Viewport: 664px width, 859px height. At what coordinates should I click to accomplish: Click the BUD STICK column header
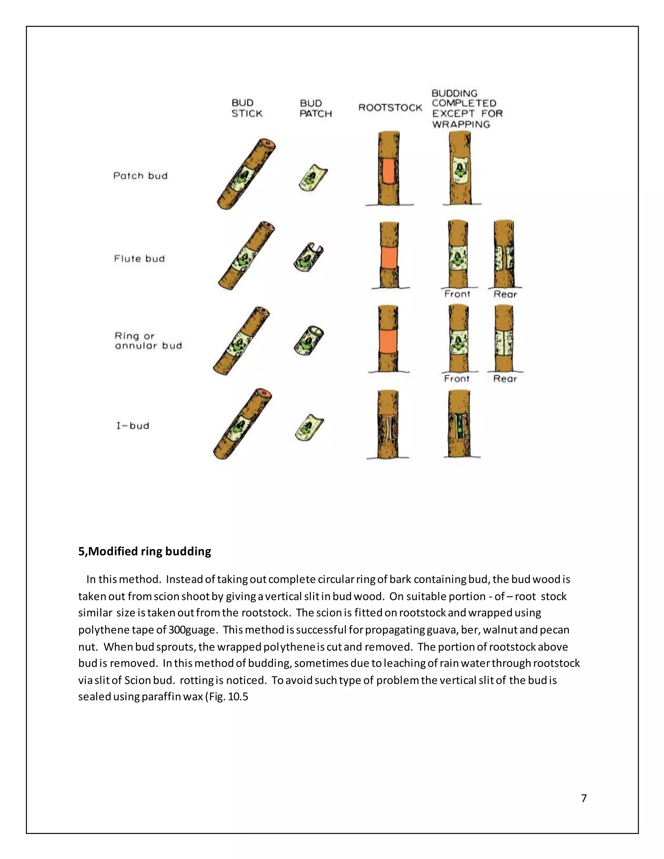247,109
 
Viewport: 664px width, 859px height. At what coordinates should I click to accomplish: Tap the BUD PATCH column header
315,109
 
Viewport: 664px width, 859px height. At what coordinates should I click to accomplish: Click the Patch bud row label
140,176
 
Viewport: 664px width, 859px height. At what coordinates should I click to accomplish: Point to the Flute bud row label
139,259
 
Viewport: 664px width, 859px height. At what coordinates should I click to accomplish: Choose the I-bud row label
133,426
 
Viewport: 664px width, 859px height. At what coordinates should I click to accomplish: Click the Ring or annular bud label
148,341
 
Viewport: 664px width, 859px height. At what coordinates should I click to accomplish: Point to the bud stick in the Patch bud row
246,174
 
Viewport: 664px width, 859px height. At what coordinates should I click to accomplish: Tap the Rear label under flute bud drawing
505,295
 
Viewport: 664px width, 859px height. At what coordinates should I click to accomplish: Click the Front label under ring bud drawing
457,379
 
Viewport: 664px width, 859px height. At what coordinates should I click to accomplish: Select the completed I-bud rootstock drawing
459,424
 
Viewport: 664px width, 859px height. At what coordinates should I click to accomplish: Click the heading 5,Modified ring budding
144,551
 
